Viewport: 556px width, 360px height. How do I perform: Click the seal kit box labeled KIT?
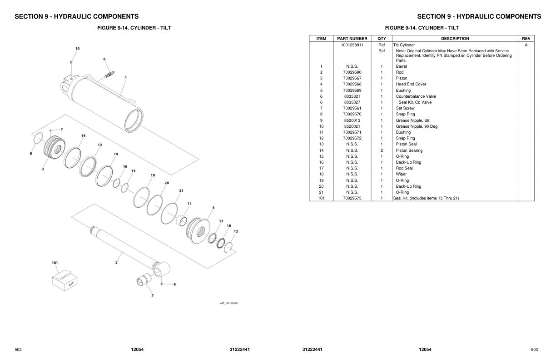tap(62, 278)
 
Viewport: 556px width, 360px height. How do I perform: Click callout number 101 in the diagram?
tap(55, 263)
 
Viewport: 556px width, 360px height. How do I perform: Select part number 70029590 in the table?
tap(352, 72)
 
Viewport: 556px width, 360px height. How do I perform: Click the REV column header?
tap(526, 39)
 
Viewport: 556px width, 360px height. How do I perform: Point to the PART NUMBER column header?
tap(352, 39)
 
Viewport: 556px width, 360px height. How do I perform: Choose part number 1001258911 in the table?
tap(352, 45)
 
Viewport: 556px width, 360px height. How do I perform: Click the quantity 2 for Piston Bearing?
tap(382, 150)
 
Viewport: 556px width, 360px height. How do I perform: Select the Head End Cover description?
tap(411, 84)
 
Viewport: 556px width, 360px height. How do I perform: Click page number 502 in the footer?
tap(18, 350)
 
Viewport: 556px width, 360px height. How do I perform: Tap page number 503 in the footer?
tap(534, 350)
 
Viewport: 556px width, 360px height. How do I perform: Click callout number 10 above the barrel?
tap(77, 48)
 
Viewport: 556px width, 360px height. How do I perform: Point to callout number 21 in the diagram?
tap(181, 191)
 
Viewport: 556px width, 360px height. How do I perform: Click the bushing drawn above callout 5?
tap(145, 280)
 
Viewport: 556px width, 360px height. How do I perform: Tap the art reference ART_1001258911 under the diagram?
tap(229, 303)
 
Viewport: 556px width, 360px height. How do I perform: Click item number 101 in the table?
tap(321, 198)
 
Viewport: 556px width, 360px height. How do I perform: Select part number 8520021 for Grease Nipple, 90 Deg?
tap(352, 126)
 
